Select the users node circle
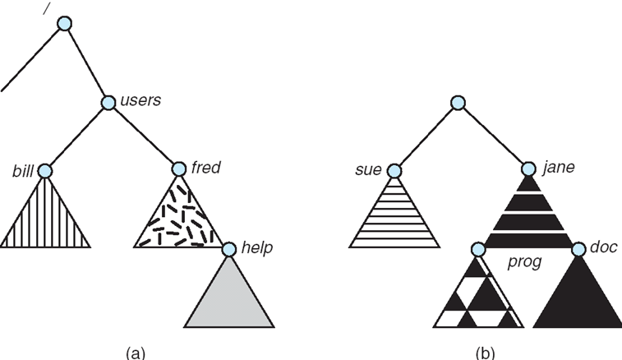click(x=109, y=103)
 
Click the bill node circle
click(x=44, y=171)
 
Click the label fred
click(x=206, y=168)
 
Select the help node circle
click(x=228, y=247)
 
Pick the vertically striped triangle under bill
click(x=44, y=218)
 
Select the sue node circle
click(x=394, y=171)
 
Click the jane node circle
click(x=529, y=170)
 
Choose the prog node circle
click(x=479, y=247)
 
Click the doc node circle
click(x=578, y=247)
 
